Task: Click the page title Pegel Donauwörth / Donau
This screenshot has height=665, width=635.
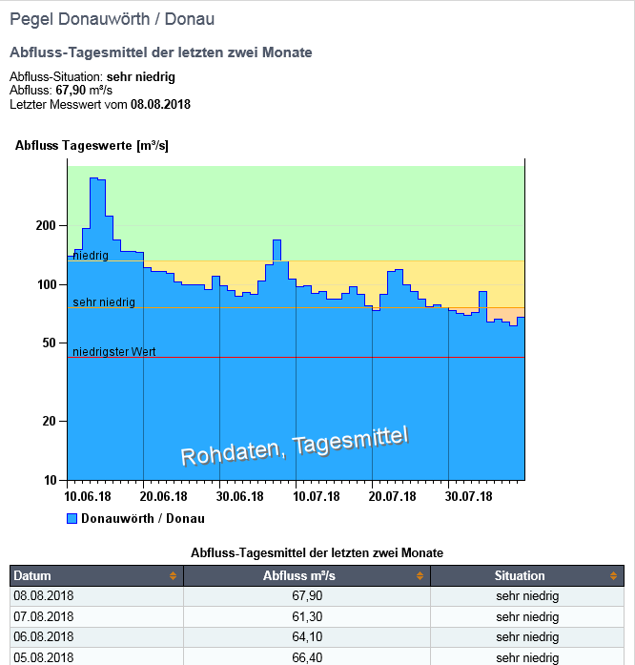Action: [112, 19]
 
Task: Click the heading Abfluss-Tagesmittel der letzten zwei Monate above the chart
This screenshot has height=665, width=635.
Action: [160, 52]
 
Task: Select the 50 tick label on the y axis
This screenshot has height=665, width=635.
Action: [51, 343]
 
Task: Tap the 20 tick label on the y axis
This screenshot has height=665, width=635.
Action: [51, 421]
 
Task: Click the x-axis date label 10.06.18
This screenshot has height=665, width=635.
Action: [88, 496]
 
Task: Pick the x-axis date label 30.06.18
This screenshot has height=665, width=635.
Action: [240, 496]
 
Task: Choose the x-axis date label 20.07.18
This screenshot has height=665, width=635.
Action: [393, 496]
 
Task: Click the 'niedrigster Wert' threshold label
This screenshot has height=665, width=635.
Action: [114, 352]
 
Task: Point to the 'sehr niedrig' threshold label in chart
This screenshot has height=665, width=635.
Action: [104, 302]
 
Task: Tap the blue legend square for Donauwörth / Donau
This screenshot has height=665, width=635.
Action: [72, 519]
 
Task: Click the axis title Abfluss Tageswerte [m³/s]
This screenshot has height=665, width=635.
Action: [92, 146]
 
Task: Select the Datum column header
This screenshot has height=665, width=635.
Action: [32, 575]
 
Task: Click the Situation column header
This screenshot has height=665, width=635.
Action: [520, 575]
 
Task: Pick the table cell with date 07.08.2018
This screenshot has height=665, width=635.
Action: [43, 616]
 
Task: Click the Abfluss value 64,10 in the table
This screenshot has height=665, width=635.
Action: [306, 636]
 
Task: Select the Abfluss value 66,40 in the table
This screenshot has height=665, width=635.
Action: [306, 657]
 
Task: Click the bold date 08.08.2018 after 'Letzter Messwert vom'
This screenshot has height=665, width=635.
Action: [160, 104]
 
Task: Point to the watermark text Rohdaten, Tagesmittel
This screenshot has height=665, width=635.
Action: [295, 446]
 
